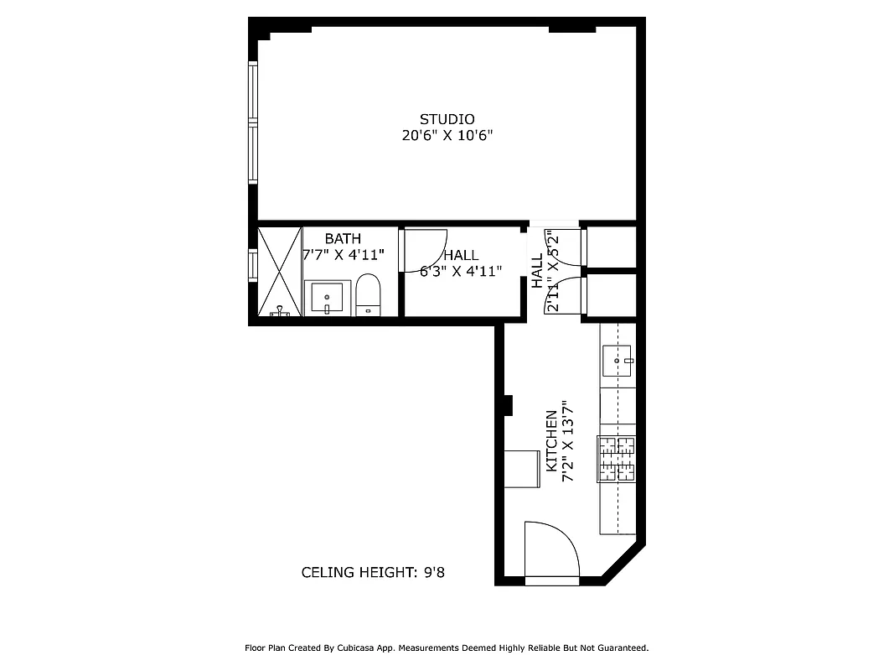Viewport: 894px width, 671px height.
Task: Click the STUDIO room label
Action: point(447,119)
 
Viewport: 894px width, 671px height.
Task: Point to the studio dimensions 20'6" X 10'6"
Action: point(447,136)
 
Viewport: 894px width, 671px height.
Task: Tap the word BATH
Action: point(343,239)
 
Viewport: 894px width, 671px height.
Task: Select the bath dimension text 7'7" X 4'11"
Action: point(344,255)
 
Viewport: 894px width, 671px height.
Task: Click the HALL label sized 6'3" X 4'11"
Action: point(461,255)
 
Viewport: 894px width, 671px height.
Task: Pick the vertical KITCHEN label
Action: point(551,441)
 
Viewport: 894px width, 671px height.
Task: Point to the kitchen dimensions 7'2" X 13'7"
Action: point(568,441)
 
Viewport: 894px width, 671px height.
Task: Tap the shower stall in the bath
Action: point(279,270)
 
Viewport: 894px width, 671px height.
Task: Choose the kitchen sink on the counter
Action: point(618,361)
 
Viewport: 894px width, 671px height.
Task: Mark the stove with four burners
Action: point(617,460)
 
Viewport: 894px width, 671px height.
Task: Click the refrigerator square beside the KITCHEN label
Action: point(522,468)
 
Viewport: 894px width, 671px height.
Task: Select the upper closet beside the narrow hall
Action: point(611,247)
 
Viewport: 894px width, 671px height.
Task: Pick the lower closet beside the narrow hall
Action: point(611,294)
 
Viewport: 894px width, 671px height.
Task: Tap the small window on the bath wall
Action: point(251,265)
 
